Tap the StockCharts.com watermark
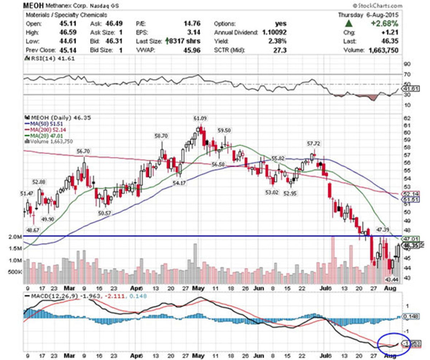tap(377, 6)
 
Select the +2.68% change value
tap(386, 24)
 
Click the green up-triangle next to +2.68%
tap(348, 24)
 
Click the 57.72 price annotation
tap(314, 143)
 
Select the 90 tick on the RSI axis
tap(407, 64)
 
